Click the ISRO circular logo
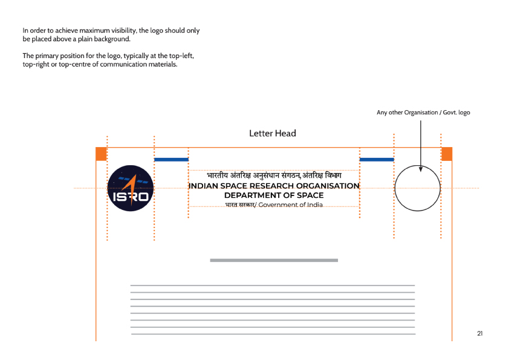[x=130, y=188]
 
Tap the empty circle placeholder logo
[x=395, y=188]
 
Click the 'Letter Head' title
[x=273, y=133]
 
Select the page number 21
[x=480, y=333]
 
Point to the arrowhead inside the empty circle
[x=421, y=169]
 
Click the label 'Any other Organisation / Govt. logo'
[x=423, y=113]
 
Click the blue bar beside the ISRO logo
[x=172, y=160]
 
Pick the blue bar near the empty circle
[x=377, y=160]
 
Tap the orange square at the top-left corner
[x=102, y=154]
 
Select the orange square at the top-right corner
[x=447, y=154]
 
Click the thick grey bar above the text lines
[x=274, y=260]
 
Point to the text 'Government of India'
[x=291, y=205]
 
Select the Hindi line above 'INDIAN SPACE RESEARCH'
[x=274, y=175]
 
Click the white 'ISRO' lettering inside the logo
[x=131, y=197]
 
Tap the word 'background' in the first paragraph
[x=112, y=39]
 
